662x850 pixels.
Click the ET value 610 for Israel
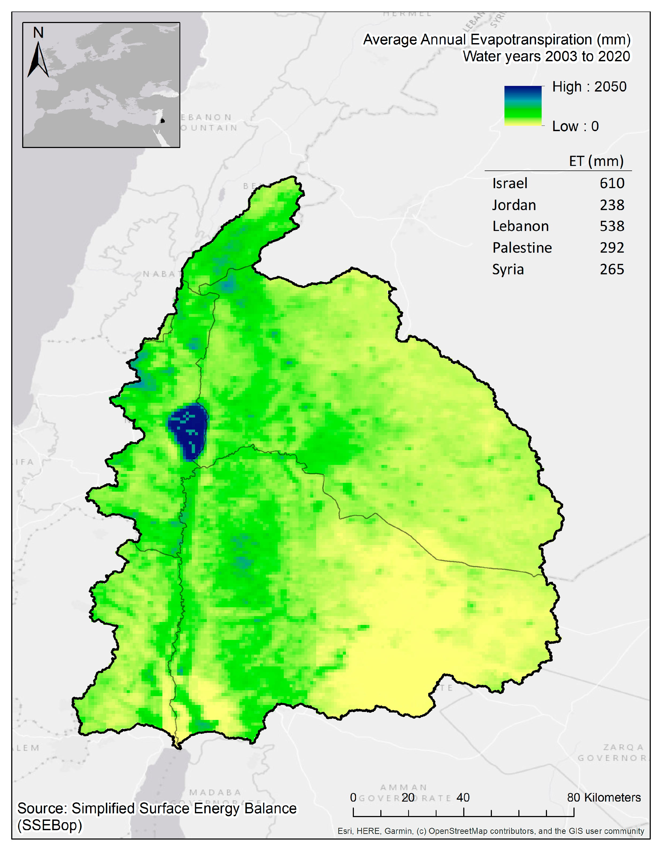(611, 183)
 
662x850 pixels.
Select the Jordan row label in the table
(514, 205)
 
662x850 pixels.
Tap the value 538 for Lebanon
(611, 226)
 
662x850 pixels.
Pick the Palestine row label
(522, 248)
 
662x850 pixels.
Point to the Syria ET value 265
(611, 269)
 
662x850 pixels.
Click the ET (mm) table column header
(596, 161)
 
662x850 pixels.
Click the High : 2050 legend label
(589, 87)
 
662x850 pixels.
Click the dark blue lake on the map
(188, 431)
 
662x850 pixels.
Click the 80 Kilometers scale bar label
(603, 798)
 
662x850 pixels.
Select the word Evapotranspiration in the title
(532, 40)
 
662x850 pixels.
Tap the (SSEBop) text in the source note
(49, 825)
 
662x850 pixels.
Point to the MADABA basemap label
(215, 792)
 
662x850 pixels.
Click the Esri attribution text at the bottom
(491, 831)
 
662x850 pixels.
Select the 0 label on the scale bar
(353, 798)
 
